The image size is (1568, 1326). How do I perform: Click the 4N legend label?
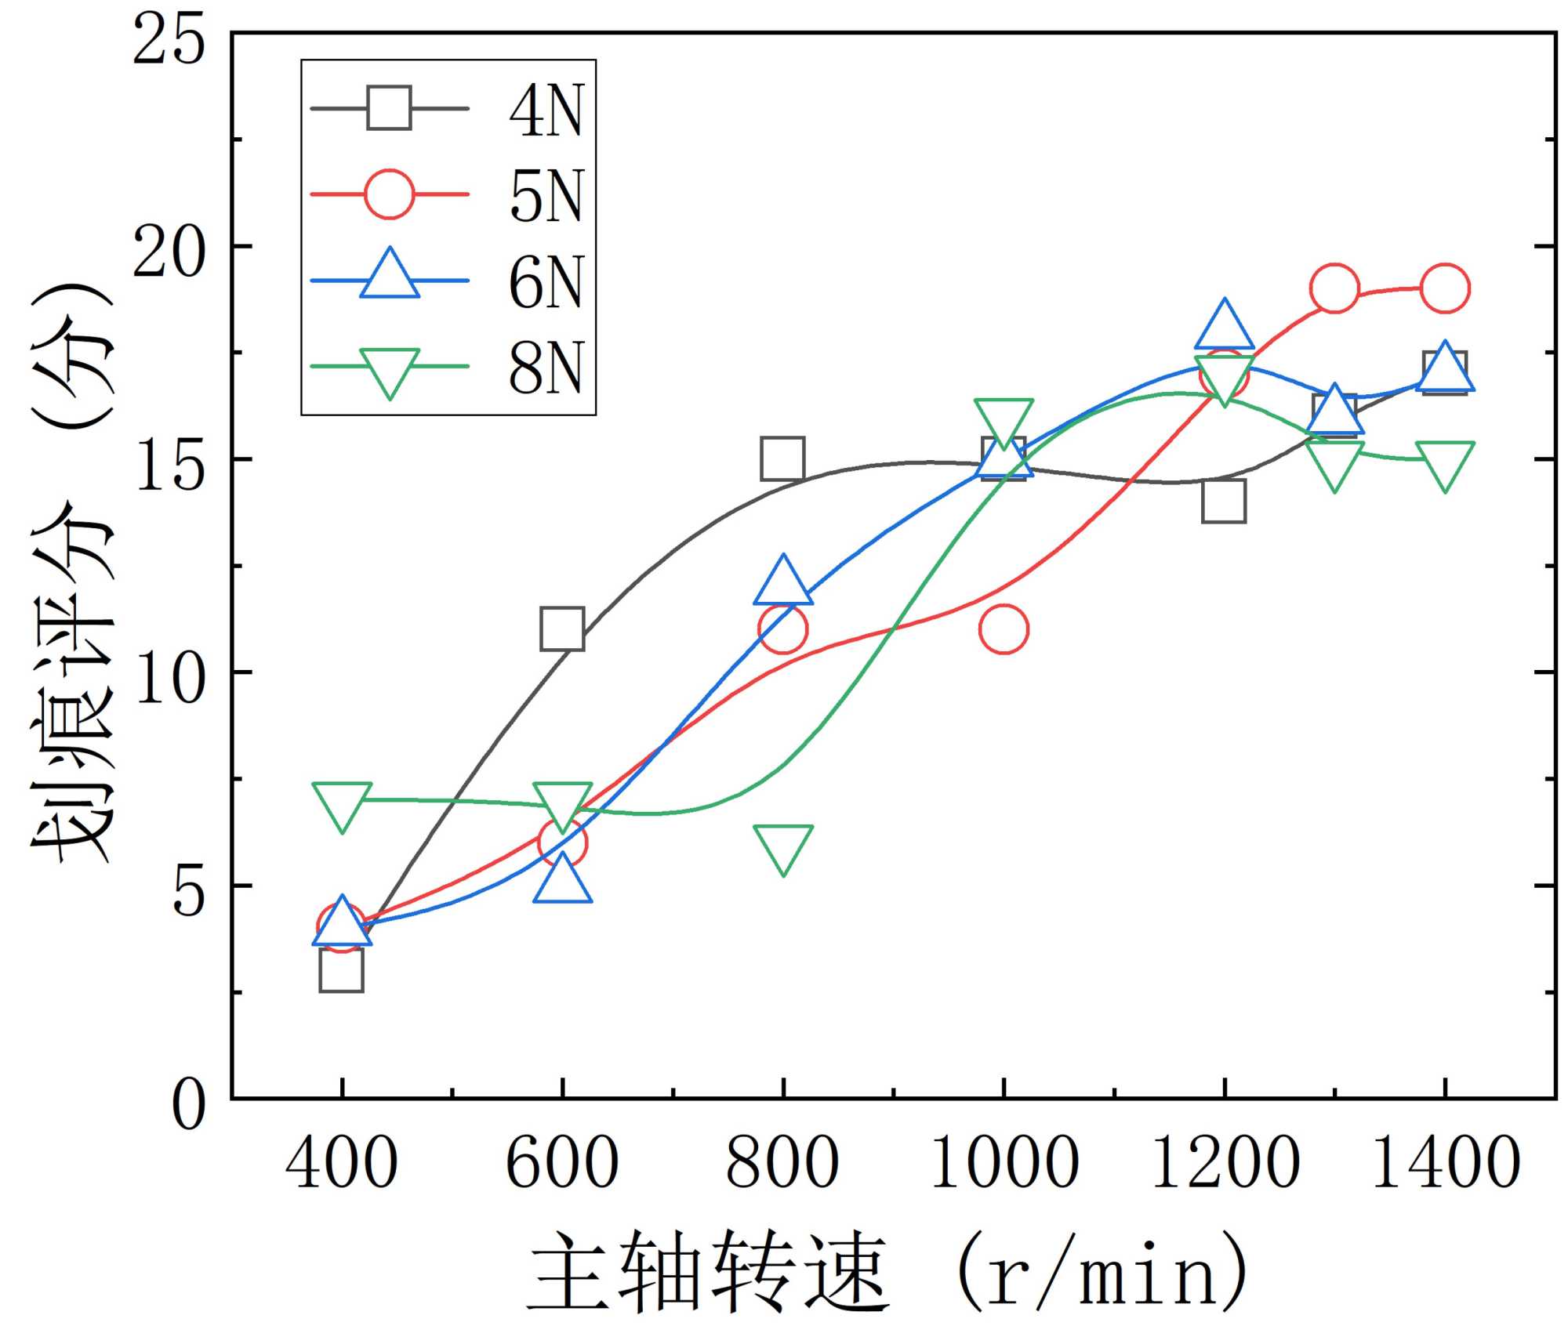click(546, 110)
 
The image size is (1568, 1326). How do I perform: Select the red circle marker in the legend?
click(389, 194)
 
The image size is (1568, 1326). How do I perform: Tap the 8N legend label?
click(546, 368)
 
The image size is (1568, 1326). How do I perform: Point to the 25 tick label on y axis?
click(169, 40)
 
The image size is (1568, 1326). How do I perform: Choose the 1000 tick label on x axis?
click(1004, 1165)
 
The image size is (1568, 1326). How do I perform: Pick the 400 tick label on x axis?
click(342, 1165)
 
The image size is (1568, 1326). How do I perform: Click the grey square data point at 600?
click(562, 629)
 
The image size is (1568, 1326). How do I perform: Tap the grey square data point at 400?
click(342, 970)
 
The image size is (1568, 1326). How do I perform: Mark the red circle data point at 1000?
click(1004, 629)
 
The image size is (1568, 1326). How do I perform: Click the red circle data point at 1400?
click(1444, 288)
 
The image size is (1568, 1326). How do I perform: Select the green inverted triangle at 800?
click(782, 846)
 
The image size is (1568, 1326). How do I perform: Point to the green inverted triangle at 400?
click(342, 803)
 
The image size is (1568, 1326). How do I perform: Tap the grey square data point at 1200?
click(1224, 501)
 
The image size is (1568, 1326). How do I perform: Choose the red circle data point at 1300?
click(1334, 288)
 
